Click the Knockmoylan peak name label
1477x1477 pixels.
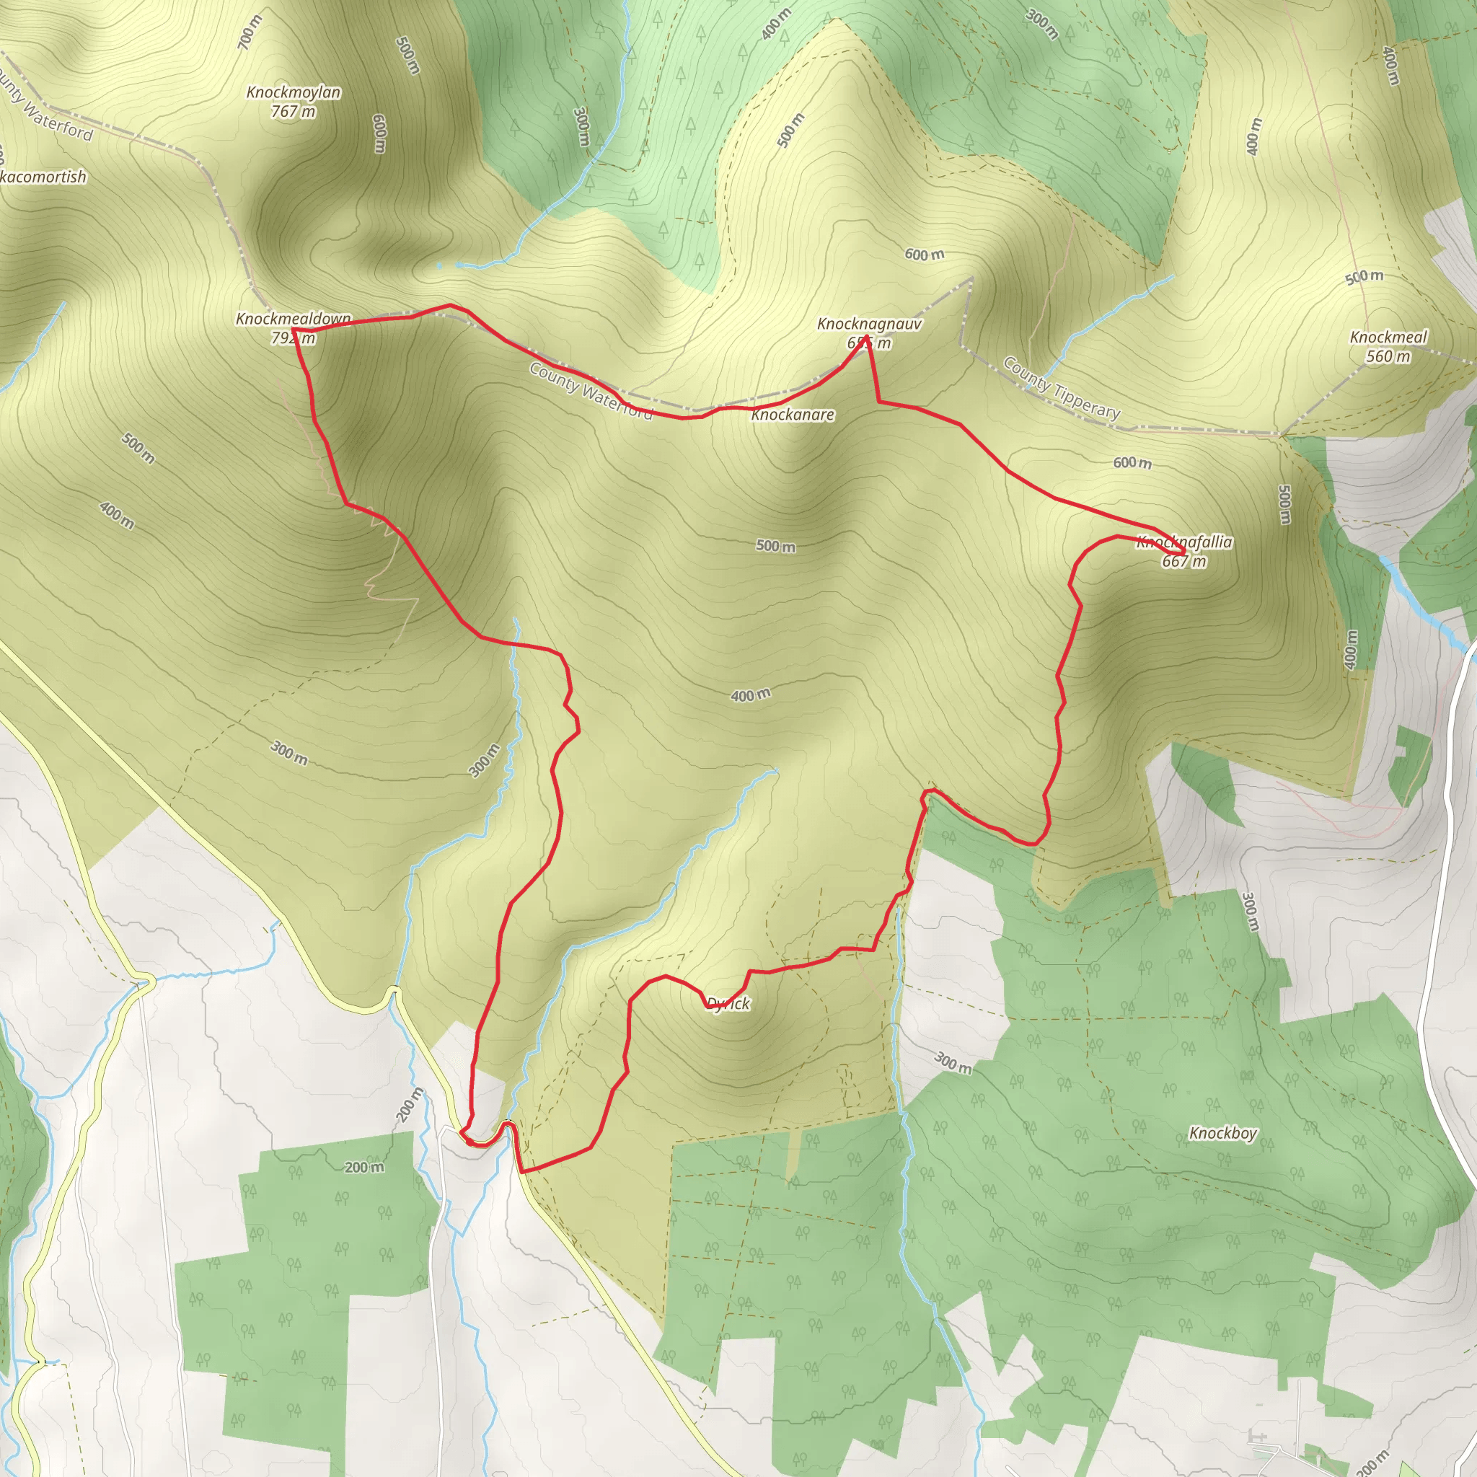click(294, 92)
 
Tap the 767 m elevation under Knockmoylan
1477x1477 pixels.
click(294, 112)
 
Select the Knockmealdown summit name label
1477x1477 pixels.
click(294, 318)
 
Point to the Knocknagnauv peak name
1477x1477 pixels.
click(869, 324)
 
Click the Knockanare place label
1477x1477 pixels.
click(793, 415)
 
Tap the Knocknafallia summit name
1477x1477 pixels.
click(1184, 542)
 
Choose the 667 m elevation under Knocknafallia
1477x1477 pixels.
click(1184, 562)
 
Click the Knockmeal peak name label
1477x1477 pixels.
click(1388, 337)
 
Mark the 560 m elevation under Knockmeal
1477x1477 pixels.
click(1388, 357)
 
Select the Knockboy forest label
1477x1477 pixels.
click(1222, 1133)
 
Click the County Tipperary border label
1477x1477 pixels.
click(1062, 389)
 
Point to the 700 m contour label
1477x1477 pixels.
click(250, 33)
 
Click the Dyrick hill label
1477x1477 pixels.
click(728, 1004)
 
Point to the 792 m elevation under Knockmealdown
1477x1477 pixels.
click(293, 338)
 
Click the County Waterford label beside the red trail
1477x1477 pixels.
click(591, 392)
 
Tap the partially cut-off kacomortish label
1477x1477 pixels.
click(43, 177)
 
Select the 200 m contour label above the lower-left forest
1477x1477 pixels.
click(364, 1168)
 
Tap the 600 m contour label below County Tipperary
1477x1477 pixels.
click(1132, 462)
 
